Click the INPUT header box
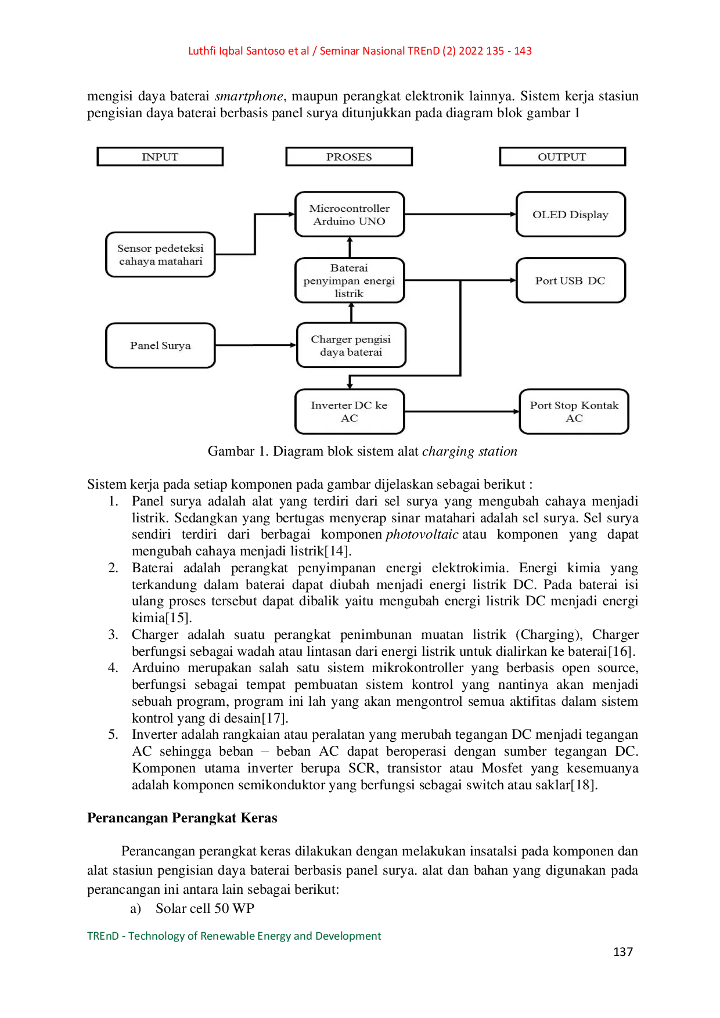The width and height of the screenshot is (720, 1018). click(160, 157)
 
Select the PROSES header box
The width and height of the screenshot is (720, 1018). click(349, 157)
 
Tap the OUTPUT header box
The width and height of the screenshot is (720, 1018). click(562, 157)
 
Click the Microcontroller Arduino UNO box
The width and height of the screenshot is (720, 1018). click(349, 214)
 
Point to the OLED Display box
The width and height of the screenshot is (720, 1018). click(570, 214)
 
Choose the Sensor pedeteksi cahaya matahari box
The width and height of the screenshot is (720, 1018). click(160, 255)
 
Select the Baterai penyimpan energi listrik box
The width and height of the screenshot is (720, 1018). click(349, 280)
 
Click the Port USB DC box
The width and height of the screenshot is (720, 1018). click(570, 280)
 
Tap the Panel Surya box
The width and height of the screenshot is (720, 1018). click(160, 345)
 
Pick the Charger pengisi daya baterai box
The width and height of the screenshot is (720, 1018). click(351, 345)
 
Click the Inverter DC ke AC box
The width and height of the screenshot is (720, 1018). click(349, 411)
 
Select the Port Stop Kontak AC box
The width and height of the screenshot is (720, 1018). click(574, 411)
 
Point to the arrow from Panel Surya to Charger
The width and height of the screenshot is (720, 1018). click(255, 345)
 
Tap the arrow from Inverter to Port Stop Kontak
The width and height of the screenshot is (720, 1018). click(462, 411)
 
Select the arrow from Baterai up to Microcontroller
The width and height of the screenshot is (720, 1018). click(350, 247)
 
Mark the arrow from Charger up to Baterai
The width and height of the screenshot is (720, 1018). click(351, 313)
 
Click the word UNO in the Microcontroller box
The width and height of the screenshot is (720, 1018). click(372, 221)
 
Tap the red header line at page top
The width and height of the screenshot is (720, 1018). click(359, 51)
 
